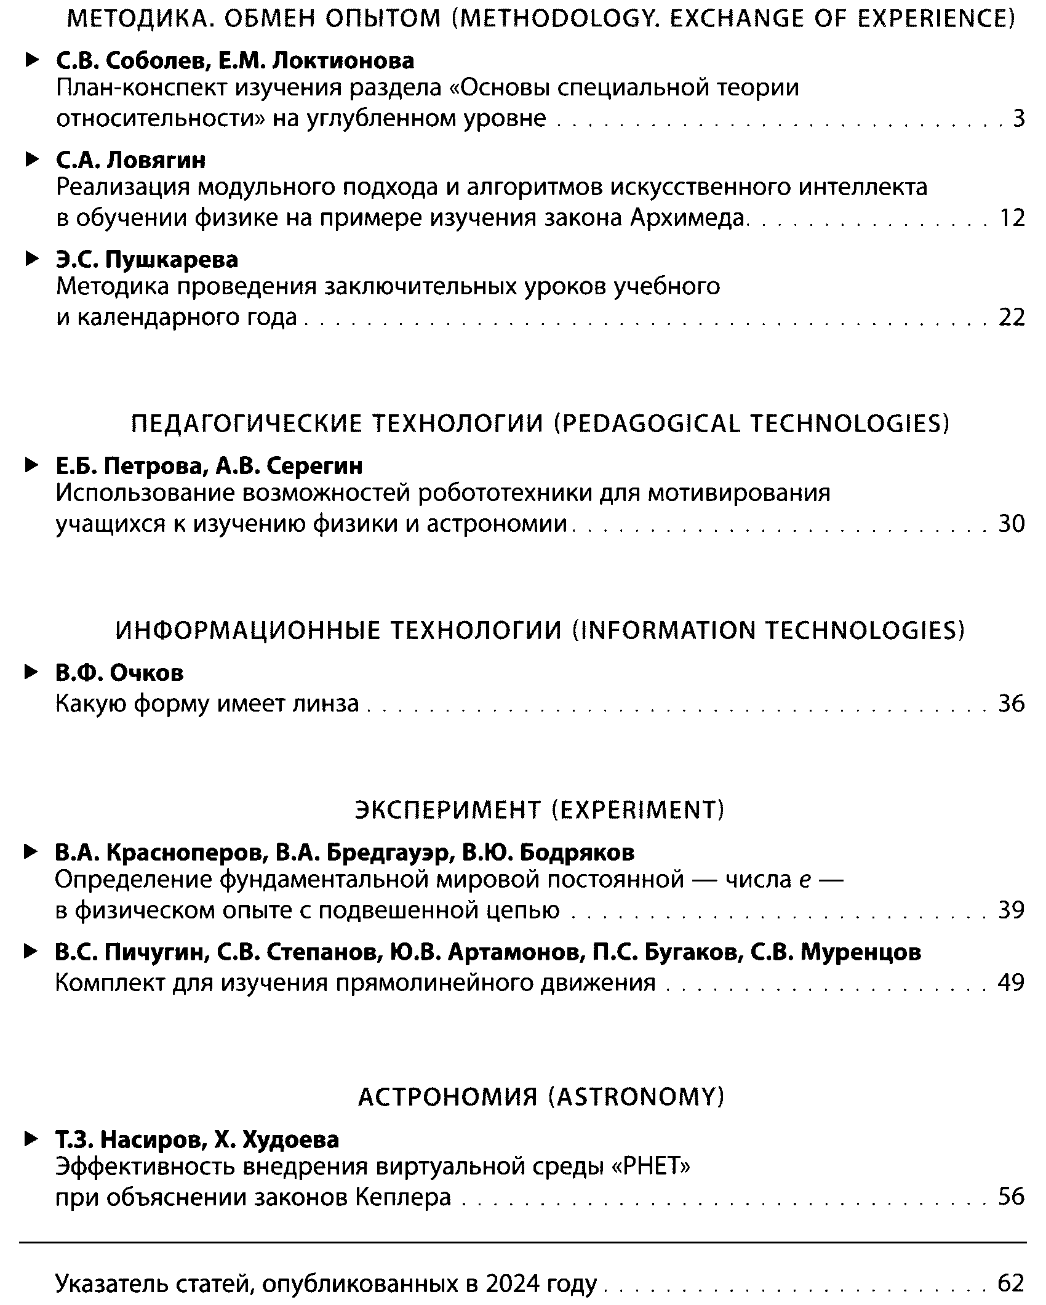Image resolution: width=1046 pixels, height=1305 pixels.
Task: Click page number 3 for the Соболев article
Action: click(x=1019, y=118)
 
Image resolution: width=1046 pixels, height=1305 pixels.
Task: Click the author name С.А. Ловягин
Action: click(x=131, y=160)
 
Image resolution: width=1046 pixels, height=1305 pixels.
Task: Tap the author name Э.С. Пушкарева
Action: click(x=147, y=260)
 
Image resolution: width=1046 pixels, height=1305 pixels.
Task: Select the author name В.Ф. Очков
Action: click(x=119, y=673)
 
